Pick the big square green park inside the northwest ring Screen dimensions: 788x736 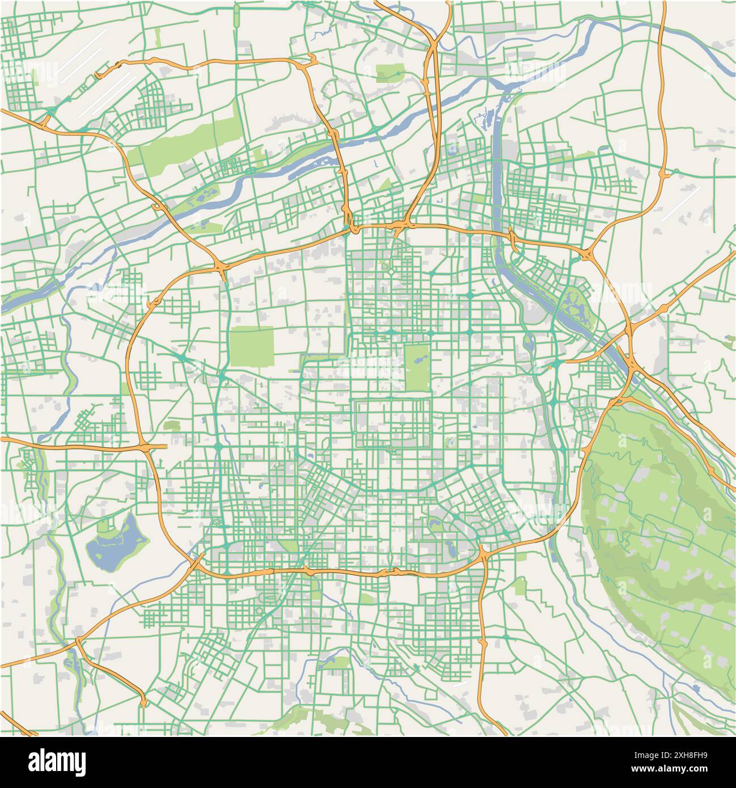click(x=252, y=346)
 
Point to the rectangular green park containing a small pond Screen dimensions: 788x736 click(x=417, y=367)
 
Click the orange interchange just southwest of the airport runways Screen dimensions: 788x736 click(x=45, y=121)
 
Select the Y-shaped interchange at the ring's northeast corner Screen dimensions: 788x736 click(x=586, y=254)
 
